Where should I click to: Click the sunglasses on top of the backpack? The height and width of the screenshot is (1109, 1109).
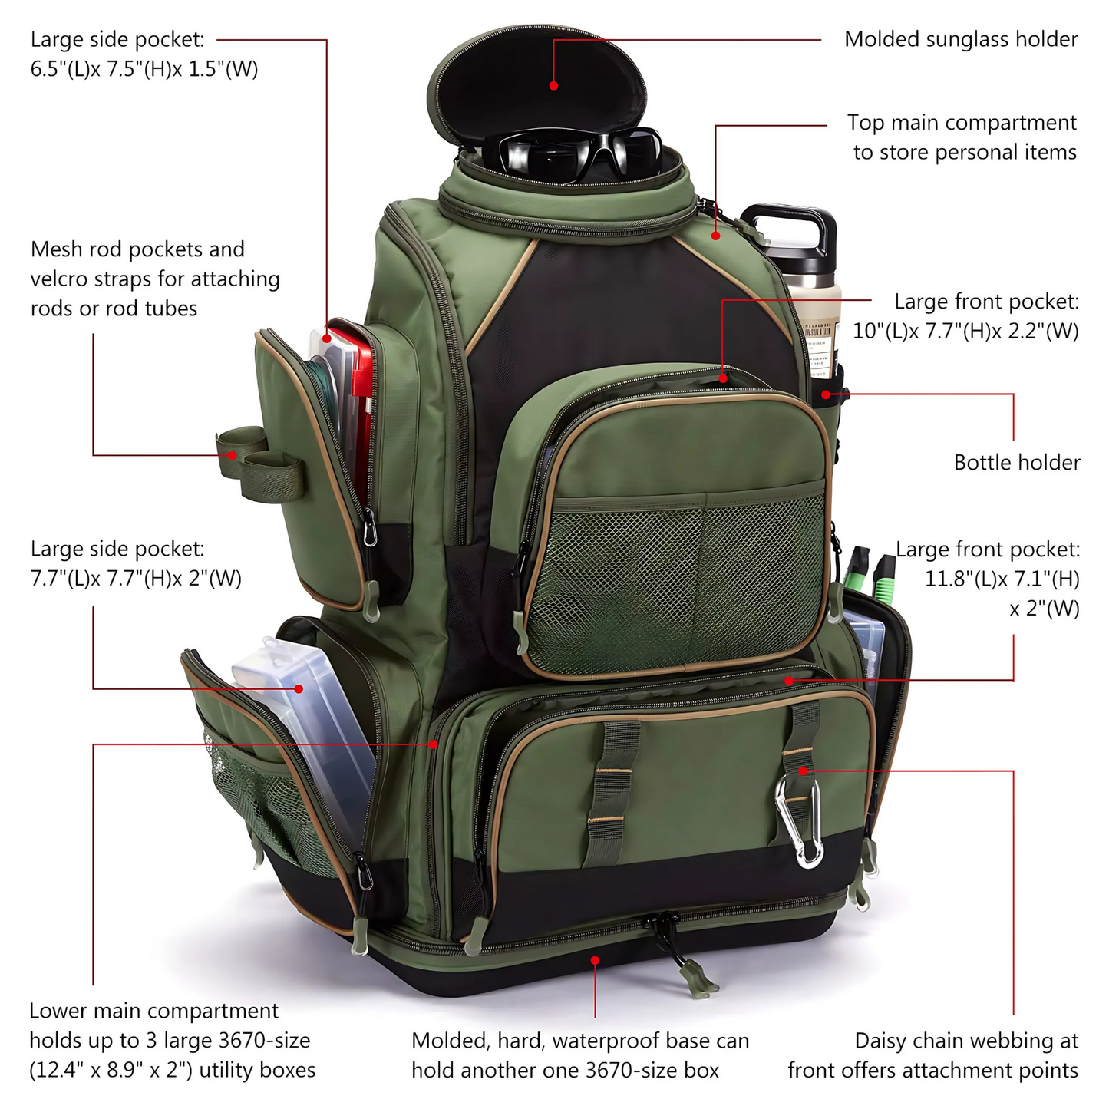[x=580, y=153]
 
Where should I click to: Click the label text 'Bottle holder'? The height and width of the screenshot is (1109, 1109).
[x=1016, y=463]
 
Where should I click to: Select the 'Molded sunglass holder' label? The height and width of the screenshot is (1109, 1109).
[x=961, y=39]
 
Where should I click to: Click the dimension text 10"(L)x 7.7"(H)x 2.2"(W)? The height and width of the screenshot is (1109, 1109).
[x=965, y=332]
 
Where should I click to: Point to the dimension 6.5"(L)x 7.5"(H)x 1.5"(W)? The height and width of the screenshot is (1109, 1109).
[x=144, y=69]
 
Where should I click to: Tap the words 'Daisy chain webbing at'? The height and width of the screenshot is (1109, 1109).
[x=966, y=1041]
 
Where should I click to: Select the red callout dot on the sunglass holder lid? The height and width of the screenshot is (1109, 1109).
[x=553, y=86]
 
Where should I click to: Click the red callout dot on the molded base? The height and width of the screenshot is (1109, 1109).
[x=595, y=959]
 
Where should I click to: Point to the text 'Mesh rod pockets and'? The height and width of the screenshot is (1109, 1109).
[x=137, y=249]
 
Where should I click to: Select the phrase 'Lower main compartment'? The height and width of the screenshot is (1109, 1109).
[x=153, y=1012]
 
